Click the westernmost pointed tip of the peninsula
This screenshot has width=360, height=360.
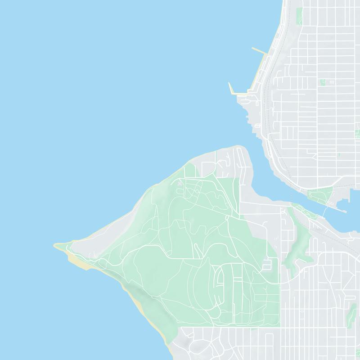tap(55, 245)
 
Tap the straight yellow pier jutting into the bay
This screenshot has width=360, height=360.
tap(260, 52)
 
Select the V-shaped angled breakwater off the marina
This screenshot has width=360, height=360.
tap(232, 89)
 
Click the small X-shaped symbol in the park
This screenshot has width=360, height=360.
tap(180, 183)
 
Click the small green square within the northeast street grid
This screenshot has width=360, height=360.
tap(322, 82)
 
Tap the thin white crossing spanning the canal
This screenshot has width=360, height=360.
tap(325, 211)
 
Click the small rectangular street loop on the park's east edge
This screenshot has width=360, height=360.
tap(269, 264)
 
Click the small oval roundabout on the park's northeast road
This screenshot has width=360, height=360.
tap(197, 192)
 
